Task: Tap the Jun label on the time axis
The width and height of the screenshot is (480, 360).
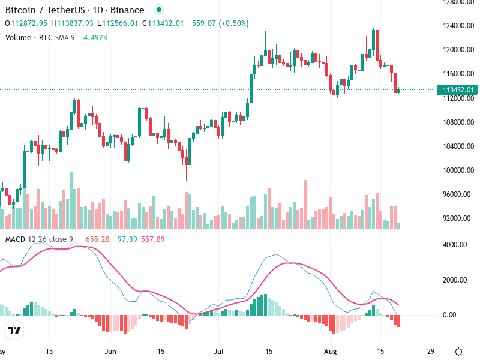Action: click(110, 352)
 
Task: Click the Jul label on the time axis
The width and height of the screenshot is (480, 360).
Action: click(219, 352)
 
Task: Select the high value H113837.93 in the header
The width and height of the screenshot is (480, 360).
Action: click(72, 23)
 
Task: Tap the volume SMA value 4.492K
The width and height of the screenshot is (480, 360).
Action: click(95, 37)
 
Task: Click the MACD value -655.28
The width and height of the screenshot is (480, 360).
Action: click(97, 239)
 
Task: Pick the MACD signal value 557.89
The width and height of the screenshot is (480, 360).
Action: click(153, 239)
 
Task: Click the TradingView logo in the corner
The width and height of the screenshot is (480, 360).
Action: click(14, 330)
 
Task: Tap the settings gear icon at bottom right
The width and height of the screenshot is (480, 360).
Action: click(458, 352)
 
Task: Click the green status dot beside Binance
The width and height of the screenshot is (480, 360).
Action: click(158, 10)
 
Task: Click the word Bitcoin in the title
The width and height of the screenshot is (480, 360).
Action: click(22, 10)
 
